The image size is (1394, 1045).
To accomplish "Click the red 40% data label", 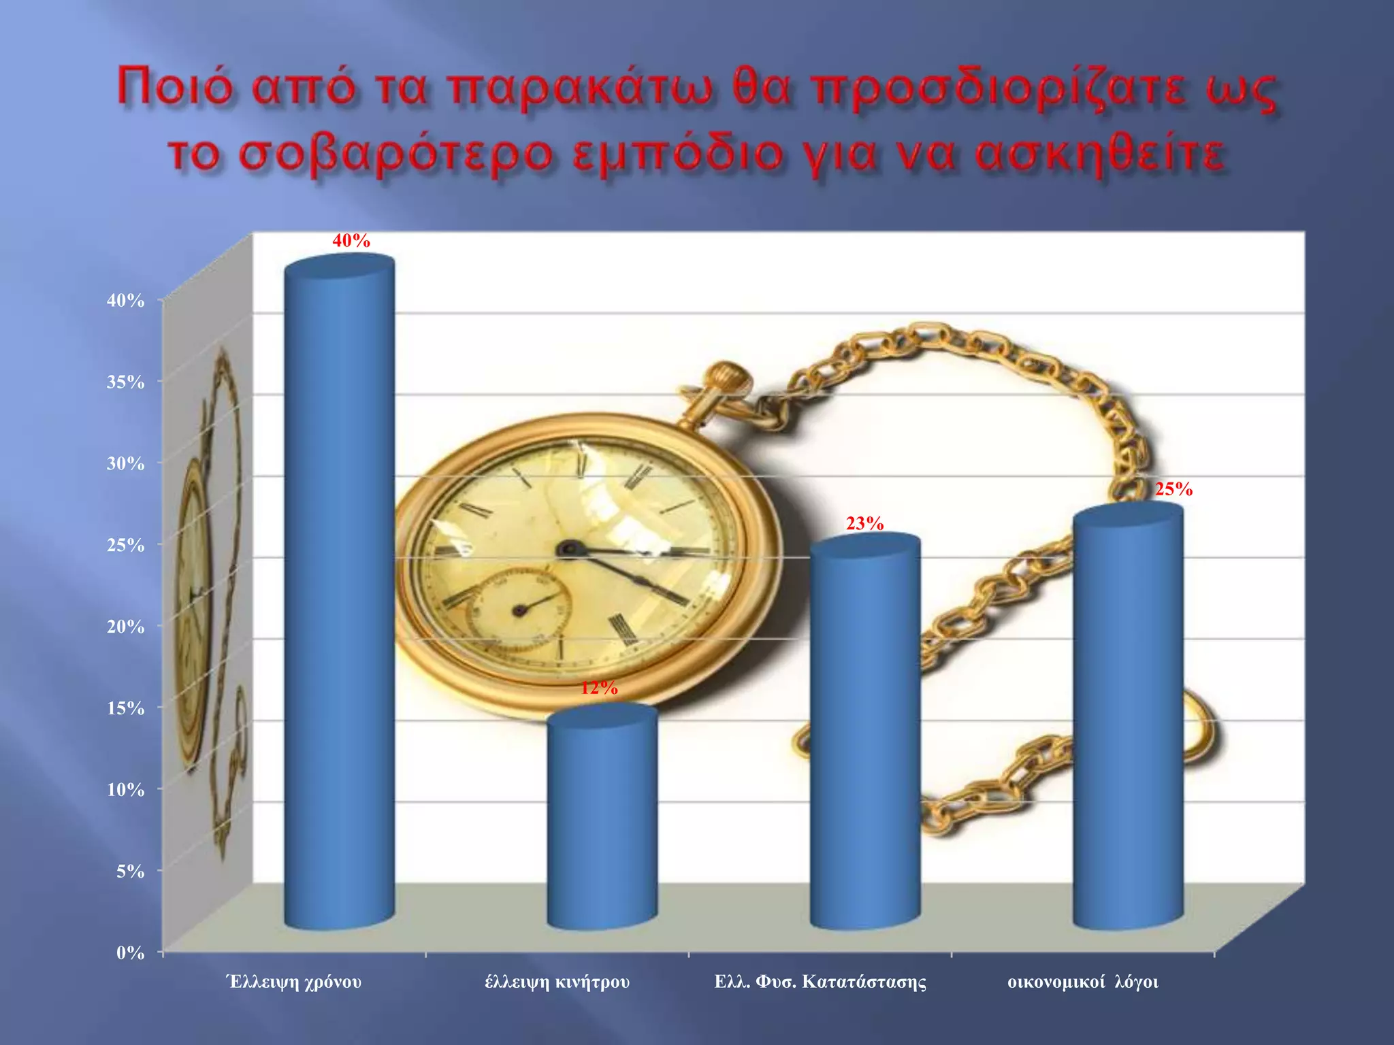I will (351, 241).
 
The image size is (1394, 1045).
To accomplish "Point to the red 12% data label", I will (599, 689).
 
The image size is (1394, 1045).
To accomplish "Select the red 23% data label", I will (864, 523).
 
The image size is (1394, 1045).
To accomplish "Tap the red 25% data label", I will (1173, 489).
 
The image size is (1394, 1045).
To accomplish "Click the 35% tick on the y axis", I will (125, 382).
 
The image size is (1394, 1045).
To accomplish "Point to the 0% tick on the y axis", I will (130, 952).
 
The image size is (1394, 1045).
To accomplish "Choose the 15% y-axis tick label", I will (125, 708).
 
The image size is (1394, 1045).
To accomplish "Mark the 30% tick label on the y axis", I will (125, 463).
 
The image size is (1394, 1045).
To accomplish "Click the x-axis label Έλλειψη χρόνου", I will (294, 982).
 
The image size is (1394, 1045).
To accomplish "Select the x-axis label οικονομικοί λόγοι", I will (1082, 982).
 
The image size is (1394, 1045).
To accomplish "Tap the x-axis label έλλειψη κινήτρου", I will (557, 982).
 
